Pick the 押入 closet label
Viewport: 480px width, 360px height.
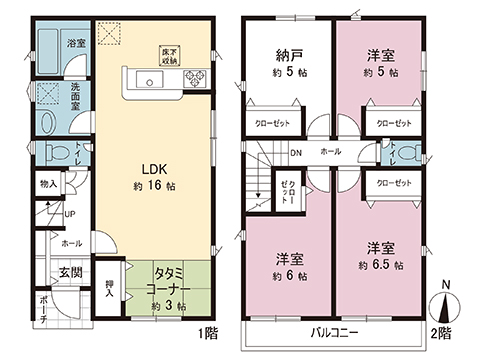pos(111,289)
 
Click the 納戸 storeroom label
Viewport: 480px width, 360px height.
pos(283,57)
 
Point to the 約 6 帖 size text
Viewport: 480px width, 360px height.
pos(287,275)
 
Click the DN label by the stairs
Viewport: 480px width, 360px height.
pos(297,153)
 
